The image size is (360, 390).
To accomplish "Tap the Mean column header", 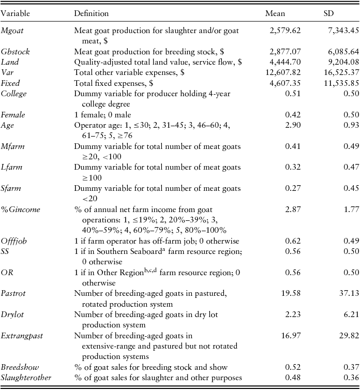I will point(275,11).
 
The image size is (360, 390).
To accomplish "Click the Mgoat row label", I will point(12,31).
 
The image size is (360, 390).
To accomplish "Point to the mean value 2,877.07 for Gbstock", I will point(285,52).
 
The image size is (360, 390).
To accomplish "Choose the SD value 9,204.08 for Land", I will point(340,62).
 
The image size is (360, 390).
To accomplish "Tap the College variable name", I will point(14,94).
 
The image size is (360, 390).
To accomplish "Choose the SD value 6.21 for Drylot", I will point(350,315).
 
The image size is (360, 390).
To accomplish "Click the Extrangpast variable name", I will point(22,336).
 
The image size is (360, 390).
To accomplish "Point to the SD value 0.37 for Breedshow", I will point(350,368).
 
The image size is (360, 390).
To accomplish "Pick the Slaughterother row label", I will point(26,378).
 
